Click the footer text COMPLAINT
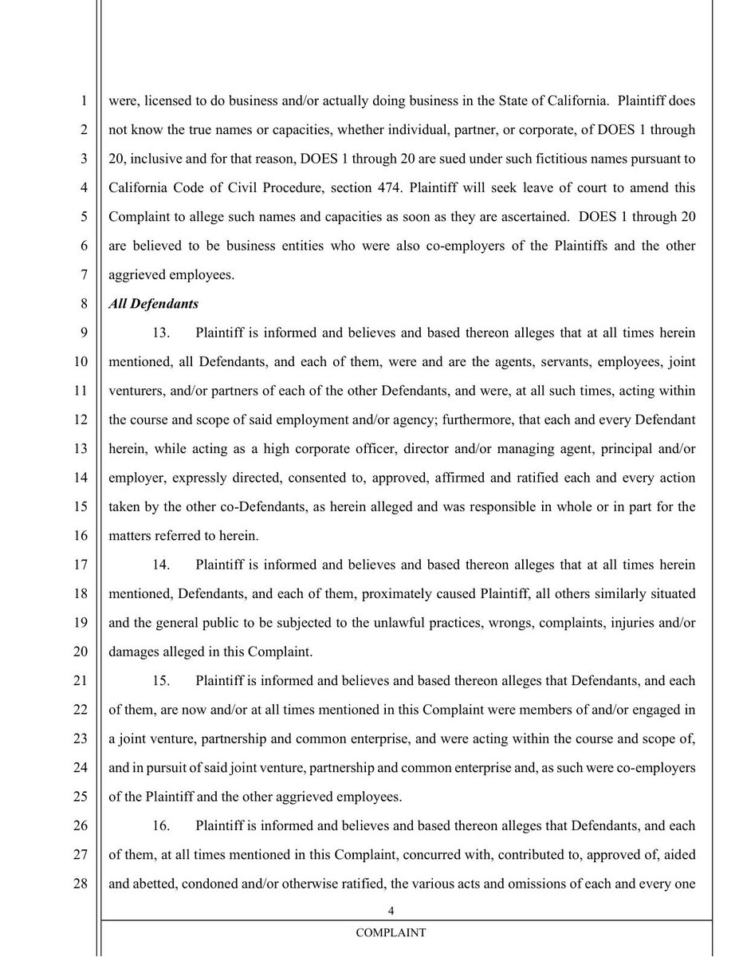point(391,932)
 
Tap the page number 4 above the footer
point(391,911)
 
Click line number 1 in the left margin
point(84,101)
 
